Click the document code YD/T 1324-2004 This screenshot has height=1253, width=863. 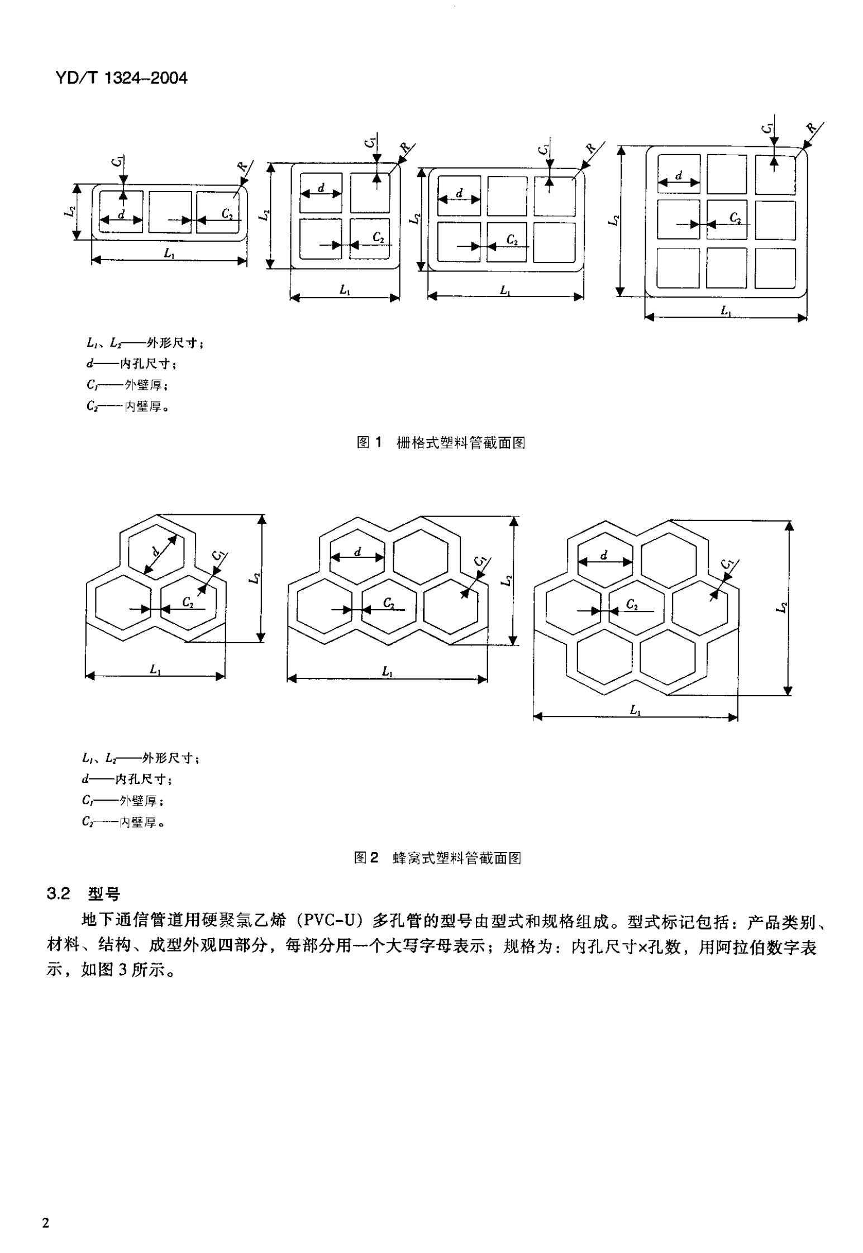121,78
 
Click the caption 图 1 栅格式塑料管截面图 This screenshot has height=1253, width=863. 441,443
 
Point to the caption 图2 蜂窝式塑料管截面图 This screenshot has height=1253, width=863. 437,858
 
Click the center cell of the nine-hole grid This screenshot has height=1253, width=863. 726,220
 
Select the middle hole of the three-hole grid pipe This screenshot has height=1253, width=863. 170,212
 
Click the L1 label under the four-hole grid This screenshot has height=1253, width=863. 345,290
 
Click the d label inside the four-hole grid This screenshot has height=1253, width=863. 321,188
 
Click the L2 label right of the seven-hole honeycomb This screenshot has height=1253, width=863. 783,608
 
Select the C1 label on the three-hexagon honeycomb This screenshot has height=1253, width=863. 218,556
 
